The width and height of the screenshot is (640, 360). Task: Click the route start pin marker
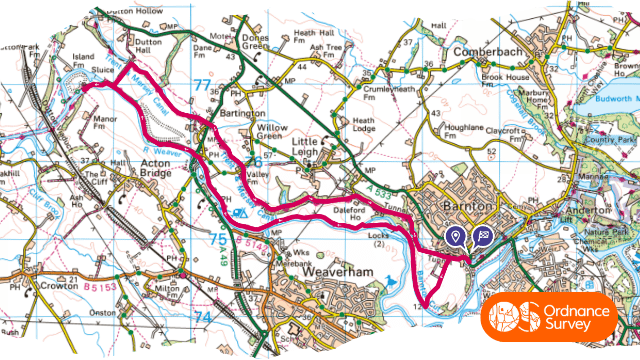coord(456,236)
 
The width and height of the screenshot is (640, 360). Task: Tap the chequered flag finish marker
coord(482,236)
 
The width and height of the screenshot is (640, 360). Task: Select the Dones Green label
coord(255,44)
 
